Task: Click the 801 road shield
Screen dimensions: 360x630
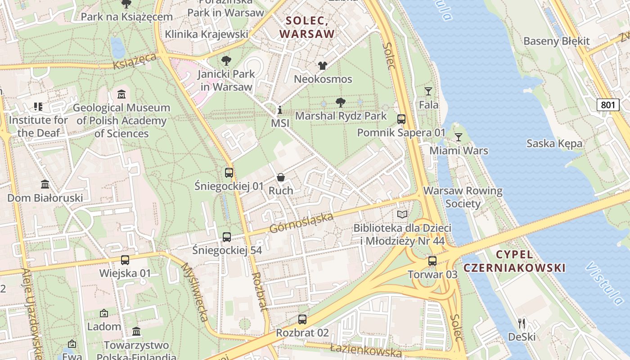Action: tap(607, 105)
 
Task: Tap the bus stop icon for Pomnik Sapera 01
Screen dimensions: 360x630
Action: tap(401, 119)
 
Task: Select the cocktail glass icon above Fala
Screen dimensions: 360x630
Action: tap(428, 91)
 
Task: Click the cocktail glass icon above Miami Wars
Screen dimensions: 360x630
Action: tap(458, 137)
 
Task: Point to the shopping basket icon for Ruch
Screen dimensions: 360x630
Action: tap(281, 177)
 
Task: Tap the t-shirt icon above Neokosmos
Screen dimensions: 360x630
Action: tap(323, 66)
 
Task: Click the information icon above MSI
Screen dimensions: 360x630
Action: tap(279, 110)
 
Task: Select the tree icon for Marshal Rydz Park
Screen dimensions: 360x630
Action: tap(341, 103)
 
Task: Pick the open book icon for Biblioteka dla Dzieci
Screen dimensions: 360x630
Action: tap(402, 215)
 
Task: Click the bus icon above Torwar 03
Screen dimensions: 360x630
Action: tap(432, 261)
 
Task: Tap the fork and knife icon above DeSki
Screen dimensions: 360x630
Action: tap(522, 323)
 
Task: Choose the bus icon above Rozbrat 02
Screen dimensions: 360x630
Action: tap(302, 319)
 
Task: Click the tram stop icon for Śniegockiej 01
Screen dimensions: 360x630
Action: tap(229, 173)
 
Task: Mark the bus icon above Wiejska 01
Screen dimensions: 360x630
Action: tap(125, 260)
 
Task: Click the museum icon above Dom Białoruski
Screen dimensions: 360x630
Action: tap(45, 184)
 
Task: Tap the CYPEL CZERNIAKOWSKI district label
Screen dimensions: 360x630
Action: tap(514, 261)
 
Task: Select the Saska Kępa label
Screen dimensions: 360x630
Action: tap(554, 144)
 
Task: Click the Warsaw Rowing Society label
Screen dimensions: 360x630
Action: tap(463, 197)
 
